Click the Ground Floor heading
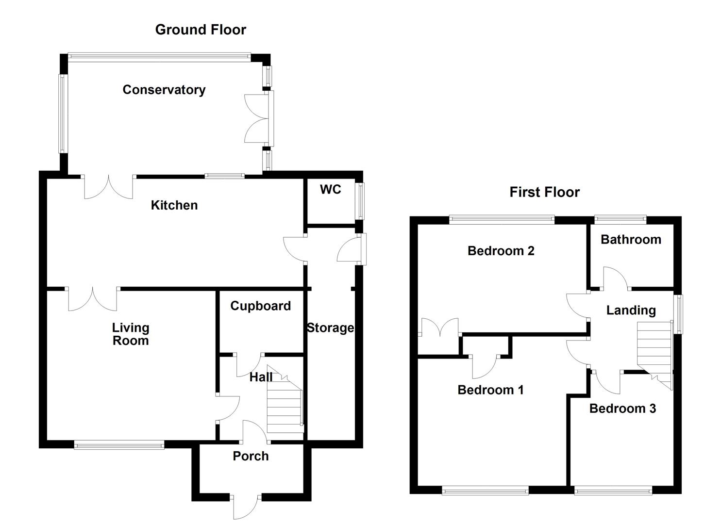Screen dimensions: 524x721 pyautogui.click(x=201, y=30)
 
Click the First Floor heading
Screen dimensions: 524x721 pyautogui.click(x=544, y=192)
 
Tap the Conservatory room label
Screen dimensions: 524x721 pyautogui.click(x=164, y=90)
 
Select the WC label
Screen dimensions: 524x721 pyautogui.click(x=330, y=189)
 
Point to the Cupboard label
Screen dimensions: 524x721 pyautogui.click(x=260, y=306)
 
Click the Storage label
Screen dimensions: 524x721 pyautogui.click(x=330, y=328)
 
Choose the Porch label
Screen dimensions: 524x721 pyautogui.click(x=251, y=456)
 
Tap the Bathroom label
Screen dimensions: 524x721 pyautogui.click(x=631, y=239)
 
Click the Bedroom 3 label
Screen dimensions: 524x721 pyautogui.click(x=622, y=409)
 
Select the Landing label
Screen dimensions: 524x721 pyautogui.click(x=631, y=310)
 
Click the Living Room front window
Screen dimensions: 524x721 pyautogui.click(x=119, y=444)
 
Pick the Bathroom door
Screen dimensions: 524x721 pyautogui.click(x=615, y=279)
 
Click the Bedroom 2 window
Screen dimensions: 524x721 pyautogui.click(x=502, y=220)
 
